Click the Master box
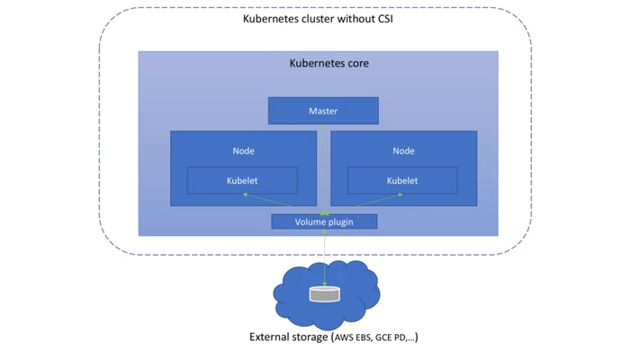pos(323,111)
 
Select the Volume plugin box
pos(324,221)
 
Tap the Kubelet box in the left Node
pos(242,181)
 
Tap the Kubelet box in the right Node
pos(402,181)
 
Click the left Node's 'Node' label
pos(243,150)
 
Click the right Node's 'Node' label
pos(403,150)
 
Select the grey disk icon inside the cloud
pos(324,293)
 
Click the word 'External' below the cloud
pos(271,337)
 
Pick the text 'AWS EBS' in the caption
pos(356,338)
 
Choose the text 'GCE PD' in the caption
pos(392,338)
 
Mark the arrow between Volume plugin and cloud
pos(324,256)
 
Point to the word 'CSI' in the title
pos(381,19)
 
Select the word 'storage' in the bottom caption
pos(311,337)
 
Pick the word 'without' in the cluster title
pos(343,19)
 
